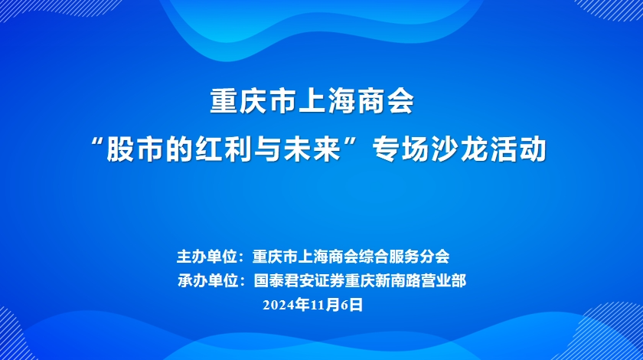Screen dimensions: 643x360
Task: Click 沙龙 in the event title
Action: point(459,149)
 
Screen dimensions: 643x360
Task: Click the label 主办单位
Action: point(207,257)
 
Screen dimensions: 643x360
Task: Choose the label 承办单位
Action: point(208,281)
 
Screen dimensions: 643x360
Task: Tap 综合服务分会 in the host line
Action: point(404,257)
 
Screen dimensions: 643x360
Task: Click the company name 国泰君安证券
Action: point(299,281)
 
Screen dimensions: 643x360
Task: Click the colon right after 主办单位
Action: point(242,258)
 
